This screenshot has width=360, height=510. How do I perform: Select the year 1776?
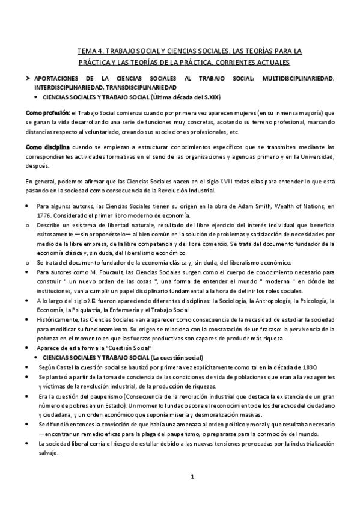[x=43, y=215]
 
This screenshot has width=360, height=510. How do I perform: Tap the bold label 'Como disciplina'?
[x=47, y=147]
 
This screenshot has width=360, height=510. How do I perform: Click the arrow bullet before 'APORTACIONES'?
[x=28, y=78]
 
